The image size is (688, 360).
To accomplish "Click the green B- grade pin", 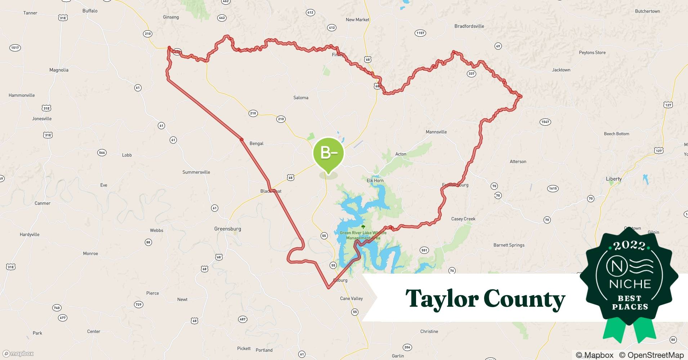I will pyautogui.click(x=328, y=154).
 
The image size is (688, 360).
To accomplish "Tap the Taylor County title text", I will pyautogui.click(x=485, y=299).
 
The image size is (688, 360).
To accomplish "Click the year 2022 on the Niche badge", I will pyautogui.click(x=629, y=246).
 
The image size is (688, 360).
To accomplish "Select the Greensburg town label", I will pyautogui.click(x=227, y=229).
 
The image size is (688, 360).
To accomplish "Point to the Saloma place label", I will pyautogui.click(x=301, y=98).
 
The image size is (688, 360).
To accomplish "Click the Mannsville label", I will pyautogui.click(x=436, y=132).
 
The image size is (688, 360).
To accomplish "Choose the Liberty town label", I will pyautogui.click(x=613, y=179).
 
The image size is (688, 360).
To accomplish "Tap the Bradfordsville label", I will pyautogui.click(x=469, y=26).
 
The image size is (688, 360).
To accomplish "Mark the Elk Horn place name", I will pyautogui.click(x=375, y=181).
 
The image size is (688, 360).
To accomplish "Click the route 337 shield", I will pyautogui.click(x=471, y=74).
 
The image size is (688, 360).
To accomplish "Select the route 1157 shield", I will pyautogui.click(x=420, y=33).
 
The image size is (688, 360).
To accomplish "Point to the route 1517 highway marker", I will pyautogui.click(x=15, y=48).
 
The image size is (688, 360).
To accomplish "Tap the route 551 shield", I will pyautogui.click(x=424, y=250).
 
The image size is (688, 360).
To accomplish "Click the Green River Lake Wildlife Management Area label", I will pyautogui.click(x=363, y=235).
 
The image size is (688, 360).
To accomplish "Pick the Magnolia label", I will pyautogui.click(x=59, y=70).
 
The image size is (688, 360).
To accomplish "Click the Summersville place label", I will pyautogui.click(x=196, y=172).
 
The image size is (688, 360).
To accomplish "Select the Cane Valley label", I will pyautogui.click(x=351, y=298).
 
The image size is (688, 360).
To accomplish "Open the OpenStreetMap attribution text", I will pyautogui.click(x=651, y=355).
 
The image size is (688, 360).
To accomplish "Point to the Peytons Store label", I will pyautogui.click(x=592, y=53).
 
